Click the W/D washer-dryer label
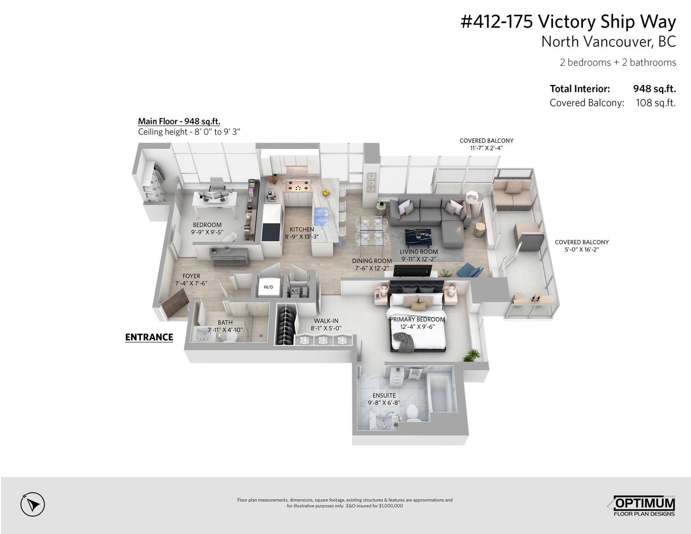coord(268,287)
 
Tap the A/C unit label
coord(295,291)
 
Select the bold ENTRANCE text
coord(149,337)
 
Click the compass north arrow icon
coord(32,504)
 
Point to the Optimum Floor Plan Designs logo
coord(644,506)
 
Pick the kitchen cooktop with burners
coord(298,187)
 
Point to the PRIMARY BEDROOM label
coord(417,319)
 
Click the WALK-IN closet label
coord(326,321)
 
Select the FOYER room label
coord(191,276)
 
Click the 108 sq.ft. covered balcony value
coord(656,103)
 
